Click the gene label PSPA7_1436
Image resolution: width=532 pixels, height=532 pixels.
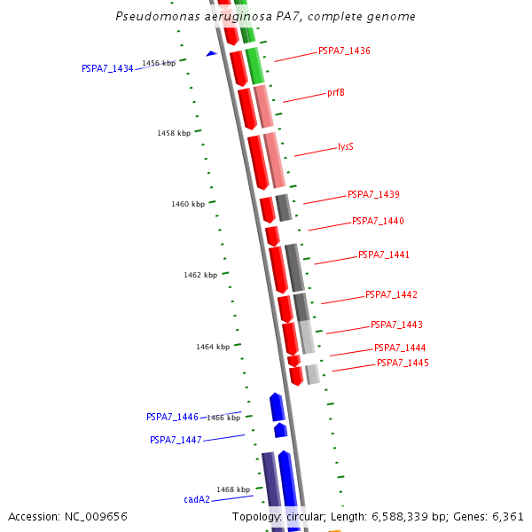(344, 51)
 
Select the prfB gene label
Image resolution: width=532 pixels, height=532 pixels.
(335, 92)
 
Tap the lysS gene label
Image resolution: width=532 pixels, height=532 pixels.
(345, 147)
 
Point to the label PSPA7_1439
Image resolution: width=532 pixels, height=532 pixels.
(372, 194)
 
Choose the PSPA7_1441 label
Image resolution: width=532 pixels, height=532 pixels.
(383, 254)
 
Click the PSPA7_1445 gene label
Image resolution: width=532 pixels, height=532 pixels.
(402, 363)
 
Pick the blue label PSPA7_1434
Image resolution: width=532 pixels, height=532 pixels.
(107, 68)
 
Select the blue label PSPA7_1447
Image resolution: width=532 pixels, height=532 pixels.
(176, 440)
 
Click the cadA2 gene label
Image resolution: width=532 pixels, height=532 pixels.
(197, 499)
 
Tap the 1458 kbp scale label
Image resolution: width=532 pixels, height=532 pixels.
(174, 133)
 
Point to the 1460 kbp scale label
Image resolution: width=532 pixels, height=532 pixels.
(188, 204)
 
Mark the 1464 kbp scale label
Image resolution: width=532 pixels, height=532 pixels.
(213, 347)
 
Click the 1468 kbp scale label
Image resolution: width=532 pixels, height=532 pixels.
(233, 489)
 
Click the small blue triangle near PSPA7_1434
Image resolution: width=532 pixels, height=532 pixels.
(211, 54)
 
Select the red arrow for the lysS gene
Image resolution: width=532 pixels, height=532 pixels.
(257, 161)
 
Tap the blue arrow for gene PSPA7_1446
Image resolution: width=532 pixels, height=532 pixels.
(277, 406)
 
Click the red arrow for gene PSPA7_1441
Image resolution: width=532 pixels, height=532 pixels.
(278, 269)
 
